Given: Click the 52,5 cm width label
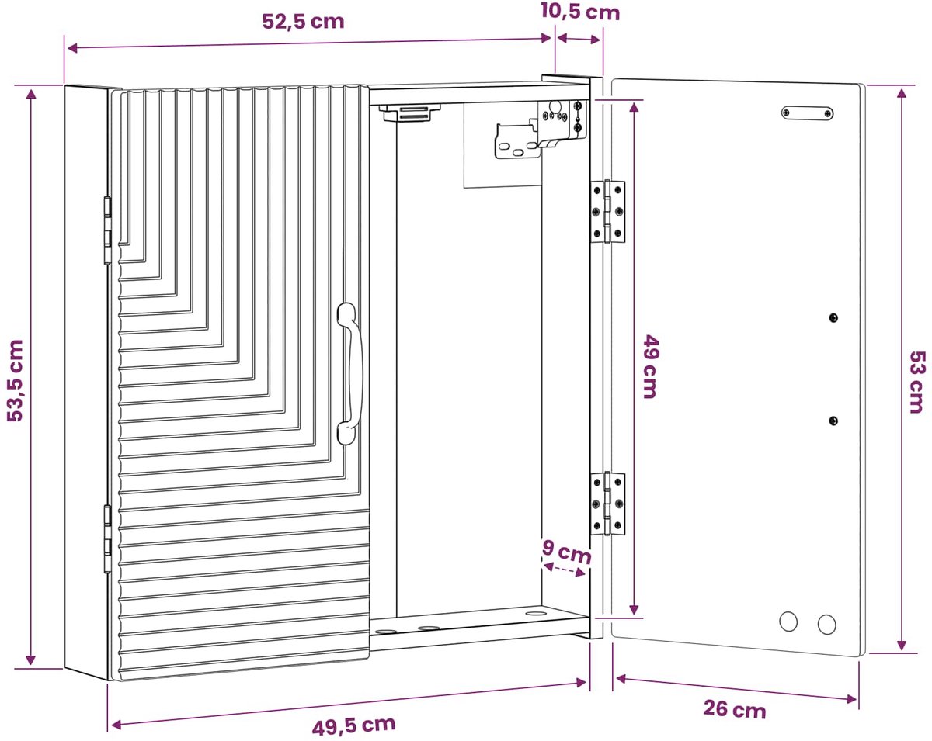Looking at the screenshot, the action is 303,22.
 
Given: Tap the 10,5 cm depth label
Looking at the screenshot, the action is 580,12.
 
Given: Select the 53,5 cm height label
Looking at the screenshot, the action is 16,380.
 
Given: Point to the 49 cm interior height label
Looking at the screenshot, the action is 651,365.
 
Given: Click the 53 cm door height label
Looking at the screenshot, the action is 917,383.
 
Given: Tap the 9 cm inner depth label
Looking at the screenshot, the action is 566,552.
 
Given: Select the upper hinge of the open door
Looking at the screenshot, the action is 608,211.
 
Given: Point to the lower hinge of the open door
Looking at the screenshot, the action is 608,504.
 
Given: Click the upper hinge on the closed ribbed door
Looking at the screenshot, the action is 107,230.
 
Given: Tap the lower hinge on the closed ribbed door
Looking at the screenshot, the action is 107,538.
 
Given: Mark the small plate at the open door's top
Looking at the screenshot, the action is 807,113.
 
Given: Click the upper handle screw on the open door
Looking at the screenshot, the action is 833,317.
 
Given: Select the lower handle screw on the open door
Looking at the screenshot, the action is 833,421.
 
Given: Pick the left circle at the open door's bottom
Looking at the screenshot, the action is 788,622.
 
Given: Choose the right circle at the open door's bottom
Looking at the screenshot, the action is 826,625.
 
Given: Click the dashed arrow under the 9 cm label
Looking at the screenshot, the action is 565,570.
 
